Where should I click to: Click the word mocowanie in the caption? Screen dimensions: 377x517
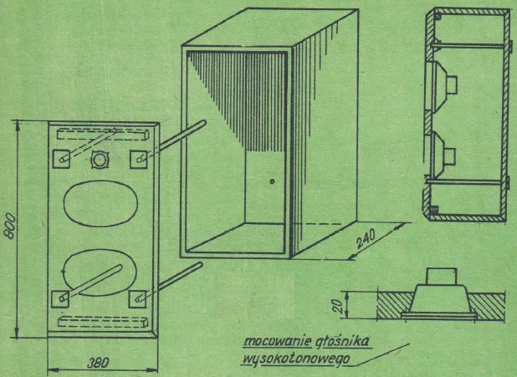click(272, 342)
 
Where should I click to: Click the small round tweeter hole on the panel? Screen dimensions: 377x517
click(100, 159)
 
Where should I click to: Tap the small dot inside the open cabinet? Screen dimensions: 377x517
click(272, 181)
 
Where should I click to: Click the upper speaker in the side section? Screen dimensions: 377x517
click(442, 84)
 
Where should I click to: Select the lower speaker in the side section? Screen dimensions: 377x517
click(442, 154)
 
